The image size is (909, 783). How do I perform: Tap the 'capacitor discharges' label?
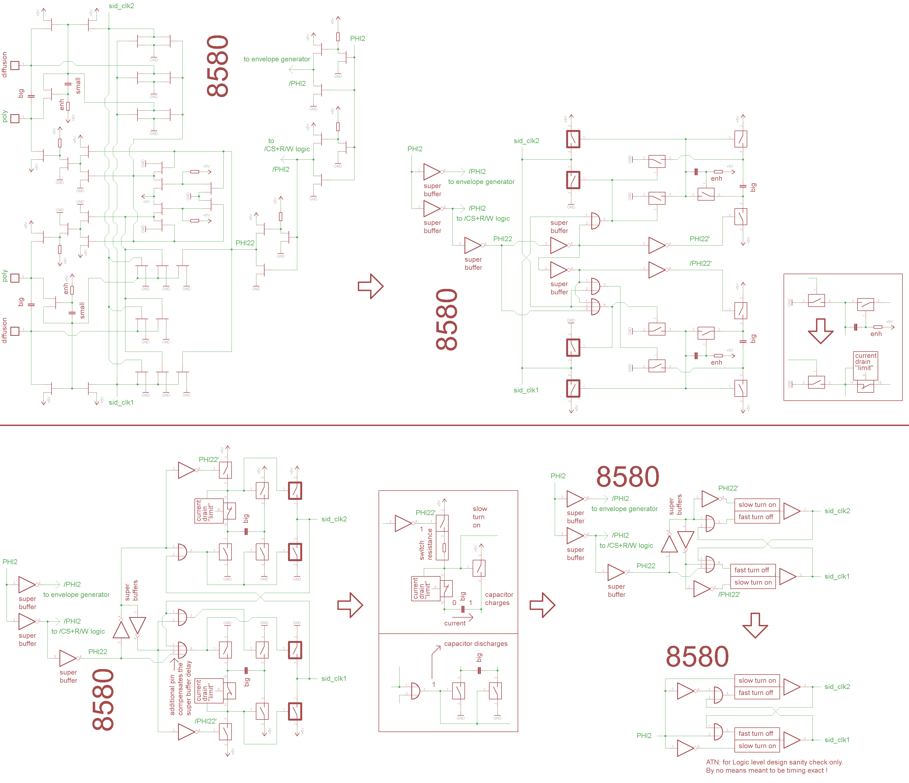(476, 643)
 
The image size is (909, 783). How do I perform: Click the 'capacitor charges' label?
(499, 598)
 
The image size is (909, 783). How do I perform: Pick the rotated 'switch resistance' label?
(425, 544)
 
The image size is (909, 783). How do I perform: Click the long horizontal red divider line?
(454, 425)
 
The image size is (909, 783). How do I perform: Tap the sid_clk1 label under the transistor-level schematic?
(121, 403)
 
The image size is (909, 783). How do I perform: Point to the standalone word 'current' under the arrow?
(454, 623)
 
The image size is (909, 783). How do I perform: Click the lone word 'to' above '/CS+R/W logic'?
(271, 141)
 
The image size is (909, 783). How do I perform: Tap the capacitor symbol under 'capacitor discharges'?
(479, 670)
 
